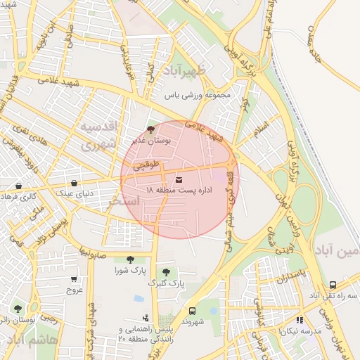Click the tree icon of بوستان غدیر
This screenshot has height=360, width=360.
150,129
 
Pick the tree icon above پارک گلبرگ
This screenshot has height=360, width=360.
166,272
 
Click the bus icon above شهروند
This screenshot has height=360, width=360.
192,310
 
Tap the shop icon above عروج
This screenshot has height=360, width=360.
75,279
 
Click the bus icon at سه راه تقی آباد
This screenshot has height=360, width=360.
333,285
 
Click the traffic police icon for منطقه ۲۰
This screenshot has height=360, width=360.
146,318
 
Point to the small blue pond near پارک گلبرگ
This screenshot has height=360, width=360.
139,299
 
